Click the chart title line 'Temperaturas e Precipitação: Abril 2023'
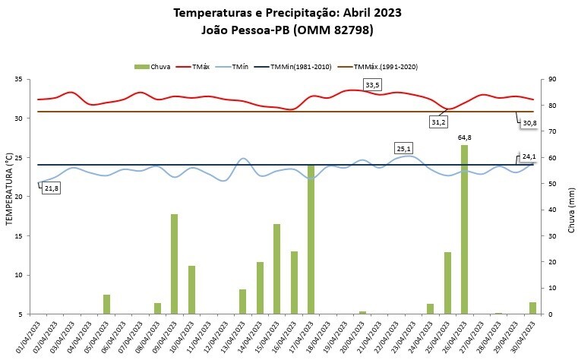point(288,13)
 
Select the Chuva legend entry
point(155,67)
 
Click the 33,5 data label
point(372,84)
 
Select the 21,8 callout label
point(52,188)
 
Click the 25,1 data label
point(403,148)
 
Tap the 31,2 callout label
point(438,122)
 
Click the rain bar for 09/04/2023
point(174,264)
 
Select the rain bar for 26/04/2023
point(465,228)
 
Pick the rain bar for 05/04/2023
point(107,304)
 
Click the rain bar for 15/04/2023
point(277,268)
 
